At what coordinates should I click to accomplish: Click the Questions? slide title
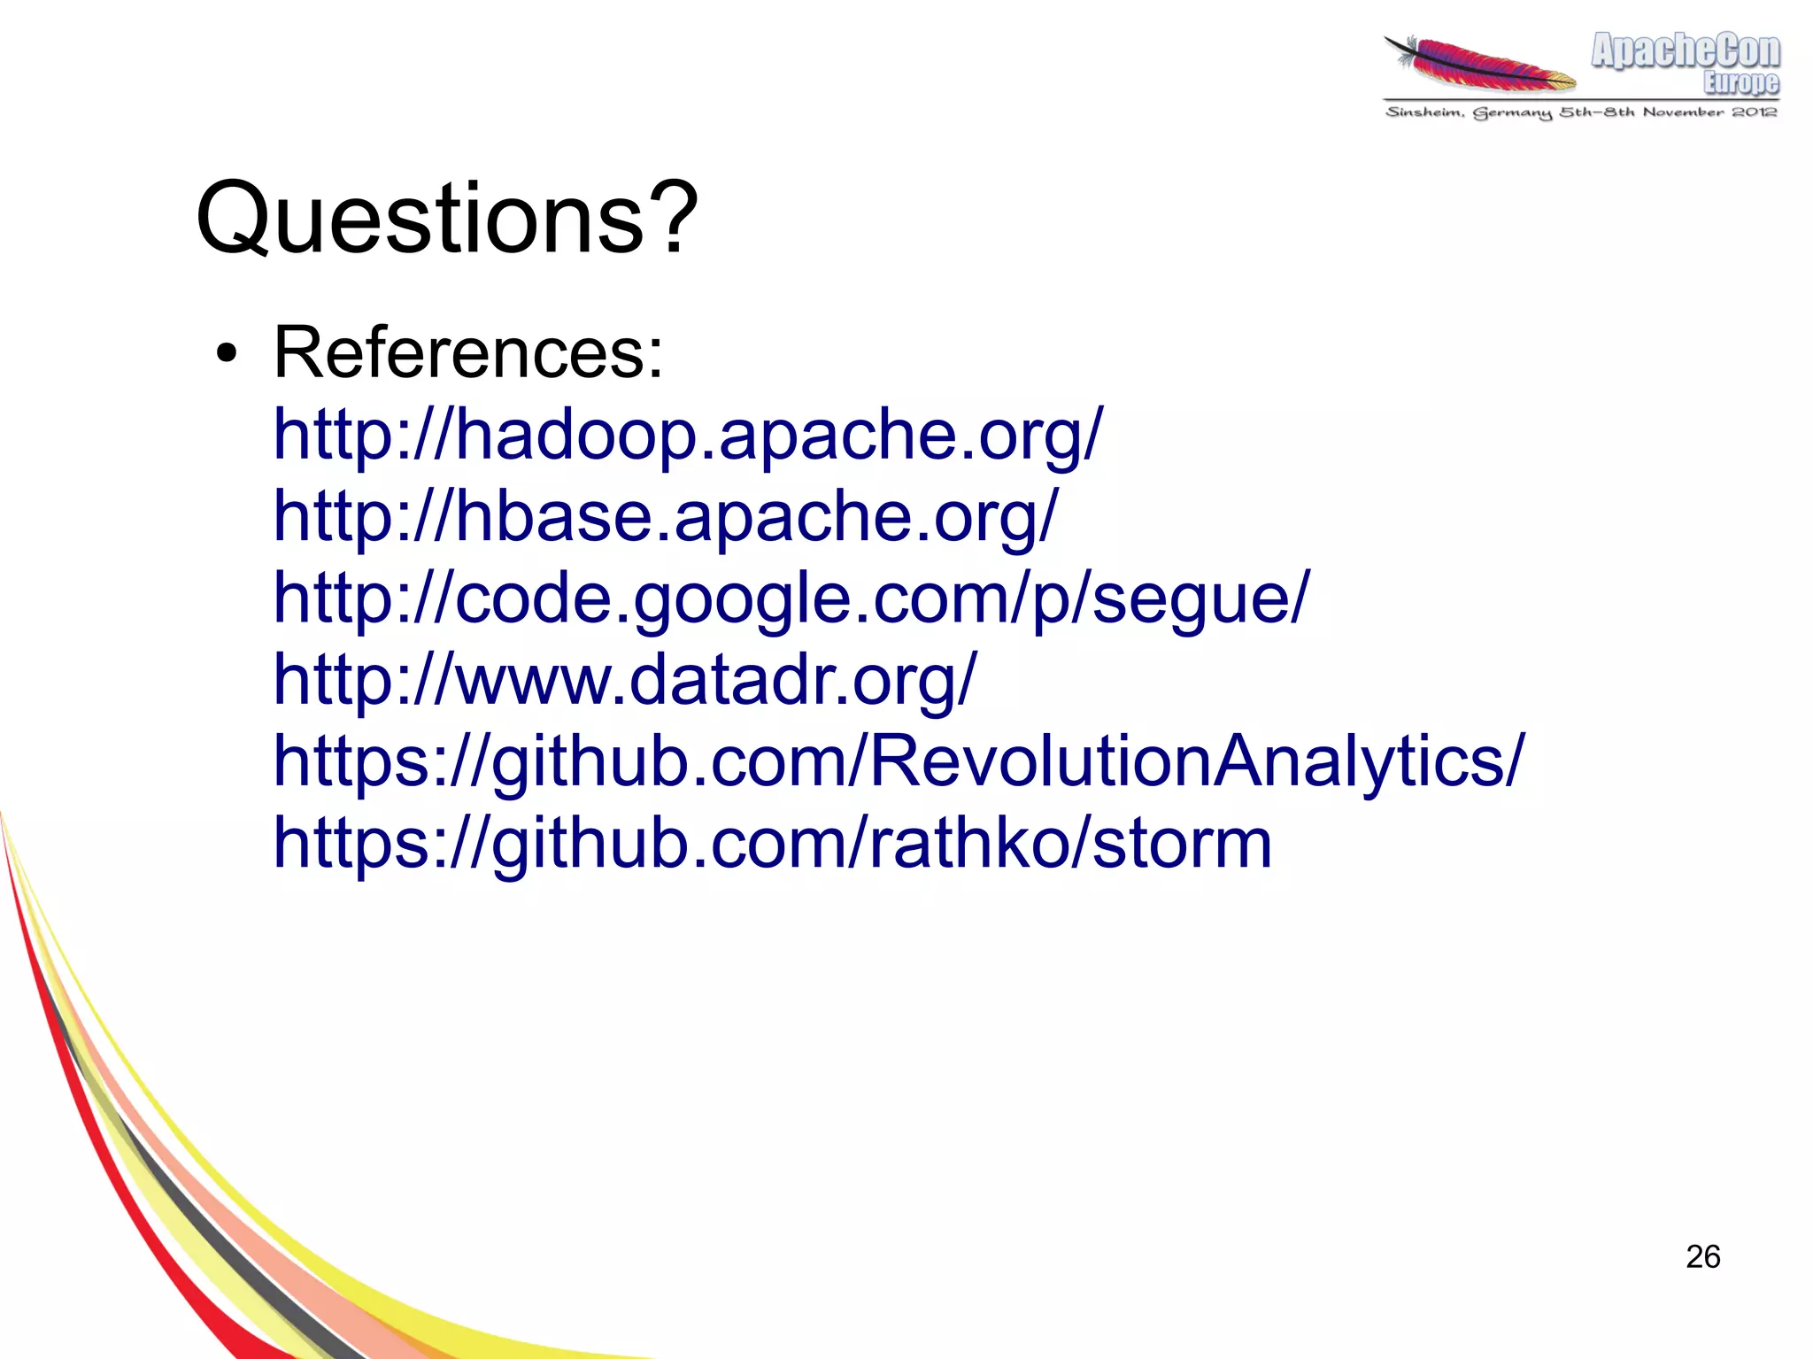[x=447, y=218]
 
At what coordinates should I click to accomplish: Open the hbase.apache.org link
[x=665, y=515]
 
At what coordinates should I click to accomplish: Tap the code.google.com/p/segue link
[x=791, y=597]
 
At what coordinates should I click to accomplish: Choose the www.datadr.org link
[x=625, y=679]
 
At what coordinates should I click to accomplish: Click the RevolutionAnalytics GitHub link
[x=899, y=761]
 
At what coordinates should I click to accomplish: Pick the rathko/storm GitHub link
[x=772, y=842]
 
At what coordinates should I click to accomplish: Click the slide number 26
[x=1702, y=1256]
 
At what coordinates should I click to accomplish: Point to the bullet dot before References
[x=227, y=355]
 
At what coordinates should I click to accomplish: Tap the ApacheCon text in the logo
[x=1685, y=50]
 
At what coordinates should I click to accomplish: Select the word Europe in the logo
[x=1740, y=82]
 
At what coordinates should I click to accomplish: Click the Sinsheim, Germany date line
[x=1581, y=112]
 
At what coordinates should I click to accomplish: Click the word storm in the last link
[x=1183, y=842]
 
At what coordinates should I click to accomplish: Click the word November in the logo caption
[x=1683, y=112]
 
